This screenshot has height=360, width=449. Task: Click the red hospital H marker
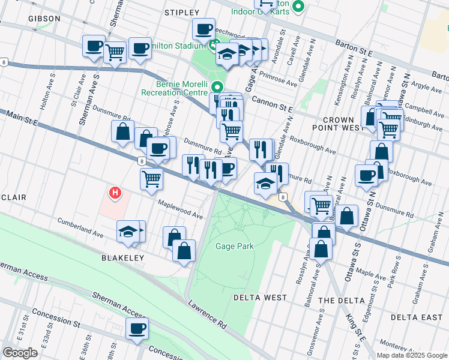coord(115,193)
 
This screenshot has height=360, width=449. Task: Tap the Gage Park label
coord(235,246)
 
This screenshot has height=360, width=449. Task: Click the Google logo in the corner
coord(20,352)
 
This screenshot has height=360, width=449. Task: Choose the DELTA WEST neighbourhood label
coord(259,298)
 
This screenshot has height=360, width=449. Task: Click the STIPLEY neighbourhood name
coord(181,12)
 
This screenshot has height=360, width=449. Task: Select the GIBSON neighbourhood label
coord(44,19)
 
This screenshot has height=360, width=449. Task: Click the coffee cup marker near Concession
coord(137,329)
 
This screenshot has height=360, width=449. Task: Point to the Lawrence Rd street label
coord(206,316)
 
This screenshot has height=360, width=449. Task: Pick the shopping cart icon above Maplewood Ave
coord(151,178)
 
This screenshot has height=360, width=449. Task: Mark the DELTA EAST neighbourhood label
coord(416,317)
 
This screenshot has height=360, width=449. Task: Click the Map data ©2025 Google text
coord(411,355)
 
